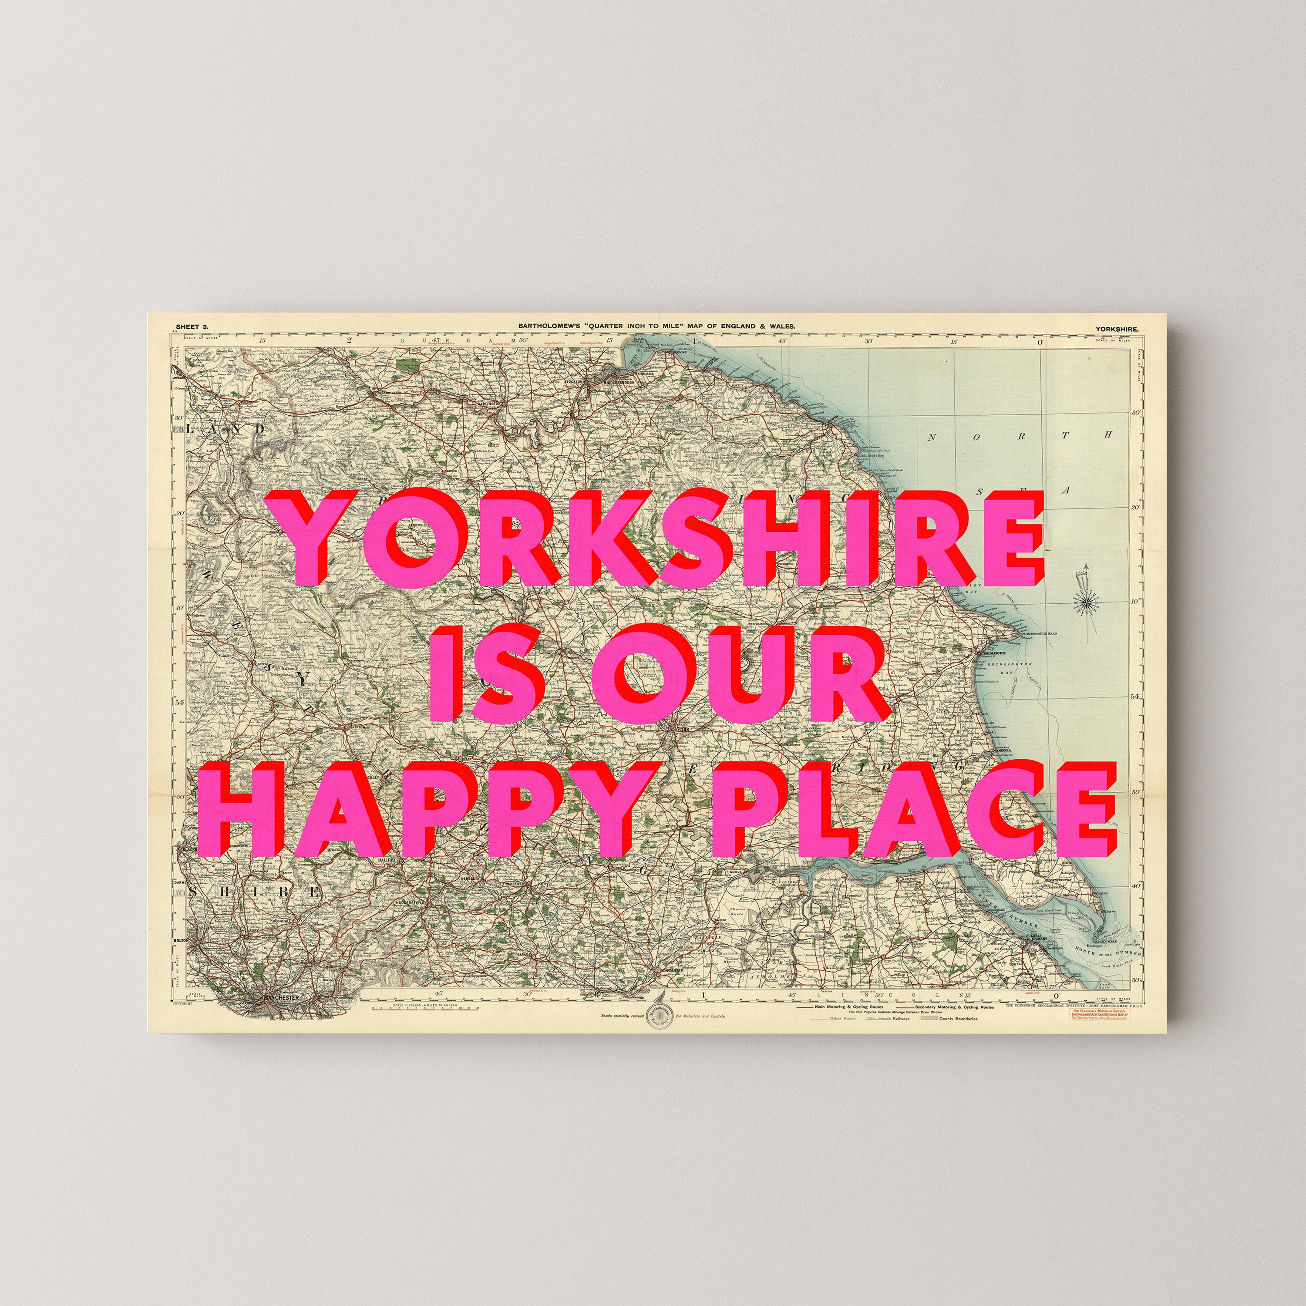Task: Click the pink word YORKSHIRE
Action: coord(659,537)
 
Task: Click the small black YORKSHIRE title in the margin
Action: coord(1117,329)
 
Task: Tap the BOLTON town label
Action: coord(181,940)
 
